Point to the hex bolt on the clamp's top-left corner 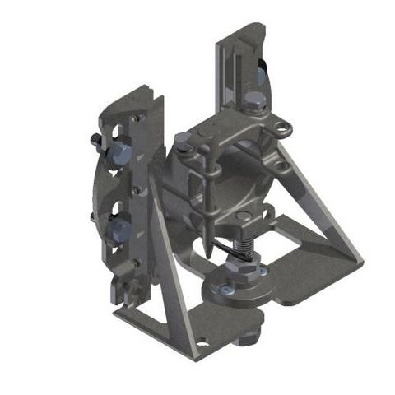point(183,140)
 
